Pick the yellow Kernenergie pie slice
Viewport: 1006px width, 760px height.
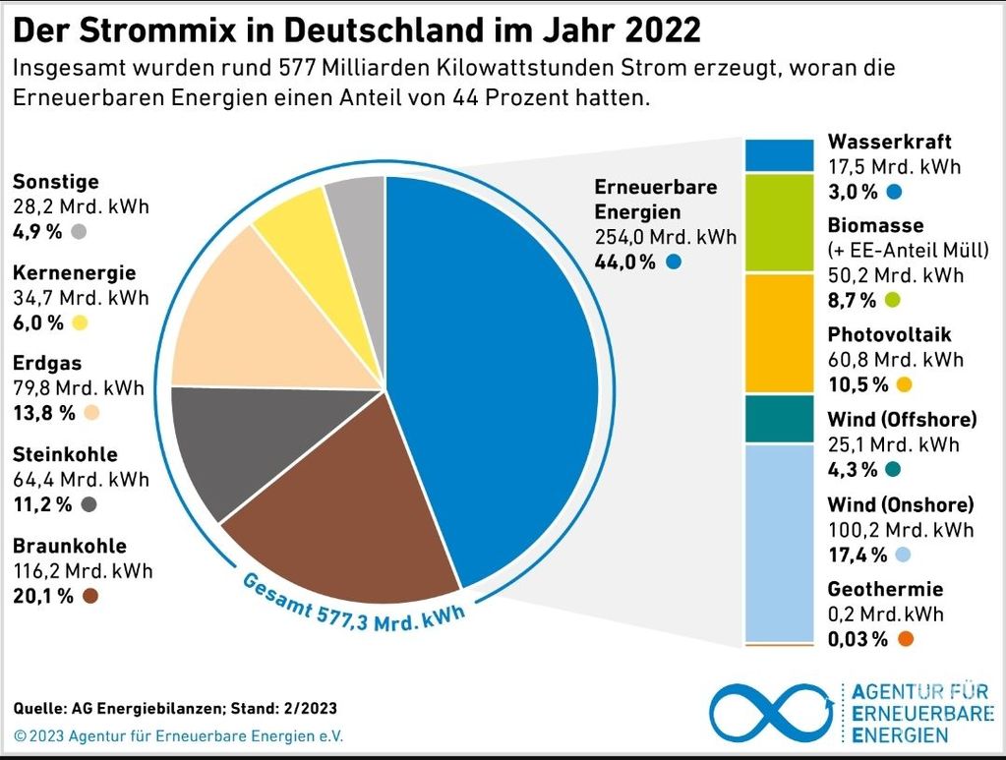tap(295, 231)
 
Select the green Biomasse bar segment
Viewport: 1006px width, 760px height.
tap(780, 224)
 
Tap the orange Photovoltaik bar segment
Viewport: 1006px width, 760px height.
tap(780, 334)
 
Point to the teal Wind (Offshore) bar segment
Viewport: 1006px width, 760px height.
tap(780, 419)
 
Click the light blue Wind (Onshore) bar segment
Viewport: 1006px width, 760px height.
tap(780, 541)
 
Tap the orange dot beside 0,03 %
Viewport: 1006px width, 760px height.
tap(905, 640)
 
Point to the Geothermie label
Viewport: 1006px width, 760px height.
tap(885, 590)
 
